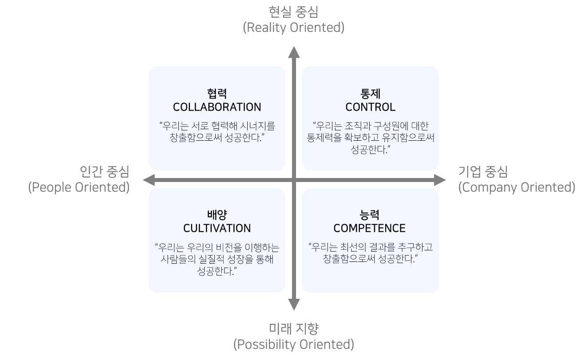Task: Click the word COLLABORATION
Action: point(217,107)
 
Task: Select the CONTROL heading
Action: point(371,107)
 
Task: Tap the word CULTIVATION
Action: point(217,228)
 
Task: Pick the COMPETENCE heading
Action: point(369,228)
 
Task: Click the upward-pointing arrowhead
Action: point(294,52)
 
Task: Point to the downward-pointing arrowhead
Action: point(294,305)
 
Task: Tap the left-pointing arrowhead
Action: point(149,180)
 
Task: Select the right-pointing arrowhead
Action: point(440,180)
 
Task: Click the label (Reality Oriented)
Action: point(294,28)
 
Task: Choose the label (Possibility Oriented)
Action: point(294,344)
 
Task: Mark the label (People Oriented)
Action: point(79,187)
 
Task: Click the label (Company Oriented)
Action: point(517,187)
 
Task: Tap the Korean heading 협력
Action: point(217,94)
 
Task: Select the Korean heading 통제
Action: point(371,94)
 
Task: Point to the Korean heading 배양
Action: point(217,215)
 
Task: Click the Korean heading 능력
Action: point(369,215)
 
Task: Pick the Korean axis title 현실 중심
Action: point(294,12)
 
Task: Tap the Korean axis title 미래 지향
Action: point(294,329)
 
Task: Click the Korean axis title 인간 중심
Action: point(104,172)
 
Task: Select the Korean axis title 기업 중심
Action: point(483,172)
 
